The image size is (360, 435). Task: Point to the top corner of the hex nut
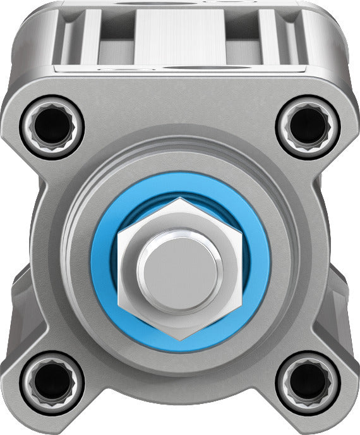pos(181,200)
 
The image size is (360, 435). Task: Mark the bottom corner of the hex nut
pos(181,338)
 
